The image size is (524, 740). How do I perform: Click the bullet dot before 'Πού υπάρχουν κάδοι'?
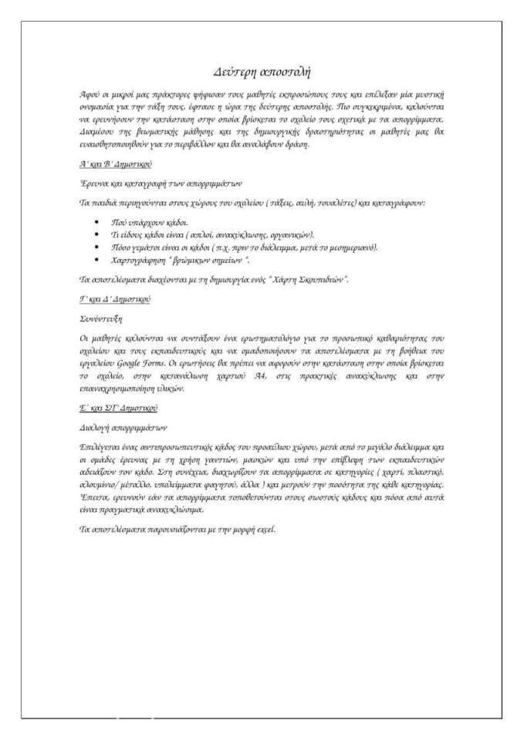pyautogui.click(x=96, y=220)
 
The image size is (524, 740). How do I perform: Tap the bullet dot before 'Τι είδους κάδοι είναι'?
pyautogui.click(x=96, y=234)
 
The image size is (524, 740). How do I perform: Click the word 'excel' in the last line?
pyautogui.click(x=263, y=530)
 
